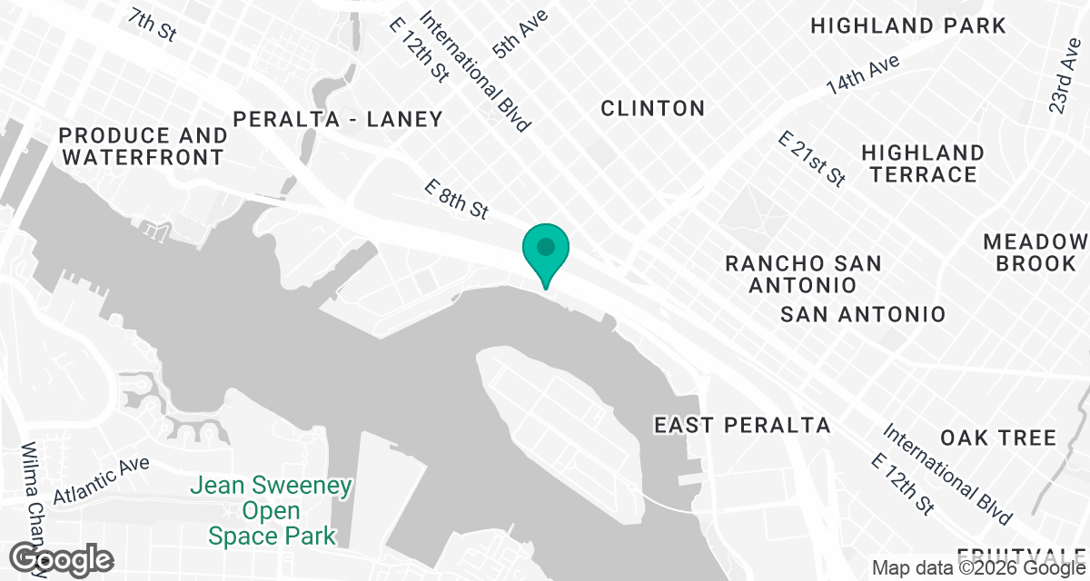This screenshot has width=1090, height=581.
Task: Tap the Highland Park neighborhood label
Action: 907,25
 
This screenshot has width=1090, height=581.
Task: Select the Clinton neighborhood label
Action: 653,108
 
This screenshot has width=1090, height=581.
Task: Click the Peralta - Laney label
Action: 338,119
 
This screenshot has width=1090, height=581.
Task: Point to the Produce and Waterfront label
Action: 143,146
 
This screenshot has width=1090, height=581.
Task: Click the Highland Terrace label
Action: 922,163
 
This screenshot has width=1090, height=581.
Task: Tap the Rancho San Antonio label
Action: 803,274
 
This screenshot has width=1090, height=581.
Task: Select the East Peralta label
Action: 742,425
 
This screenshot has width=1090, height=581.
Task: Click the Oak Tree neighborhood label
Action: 998,438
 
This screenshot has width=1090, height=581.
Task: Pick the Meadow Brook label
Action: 1035,252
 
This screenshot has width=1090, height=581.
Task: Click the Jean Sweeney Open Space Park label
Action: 272,511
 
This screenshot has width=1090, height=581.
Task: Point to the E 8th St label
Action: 458,199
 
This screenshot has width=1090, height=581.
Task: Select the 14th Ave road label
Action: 862,75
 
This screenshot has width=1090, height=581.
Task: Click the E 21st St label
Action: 812,159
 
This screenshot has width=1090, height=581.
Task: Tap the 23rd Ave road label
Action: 1060,82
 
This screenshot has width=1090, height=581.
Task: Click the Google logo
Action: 62,558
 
